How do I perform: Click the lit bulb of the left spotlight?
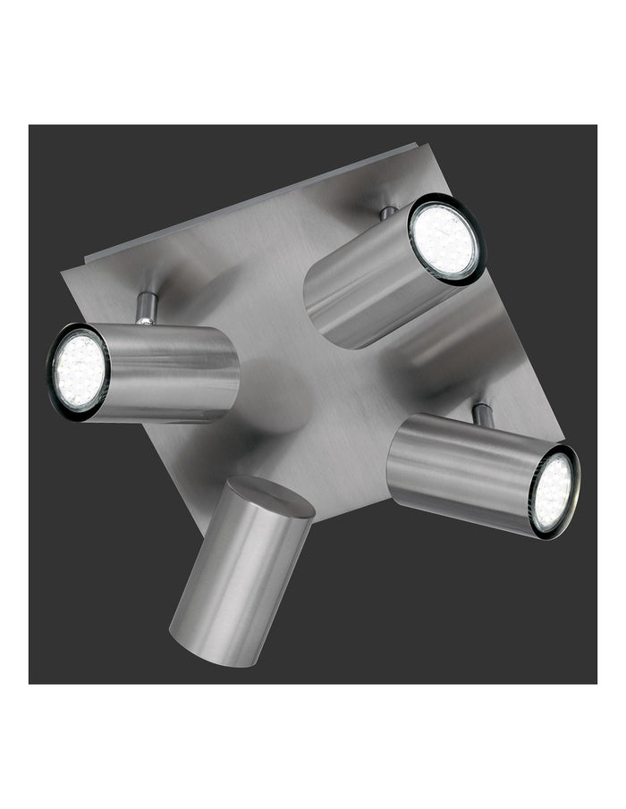[x=79, y=369]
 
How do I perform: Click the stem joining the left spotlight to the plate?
[x=145, y=308]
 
